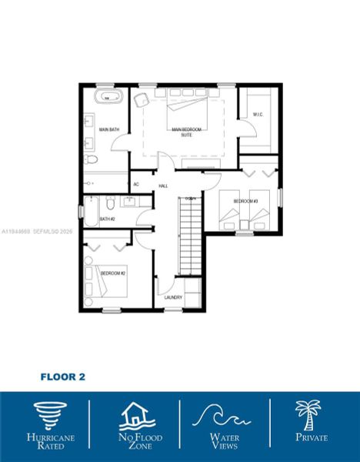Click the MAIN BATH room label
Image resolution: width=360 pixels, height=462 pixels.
coord(109,129)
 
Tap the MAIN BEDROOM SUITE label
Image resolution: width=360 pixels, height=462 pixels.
coord(187,132)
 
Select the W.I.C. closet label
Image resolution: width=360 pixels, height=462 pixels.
coord(258,115)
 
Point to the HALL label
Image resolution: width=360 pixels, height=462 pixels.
coord(163,186)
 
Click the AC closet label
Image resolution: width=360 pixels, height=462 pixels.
coord(136,185)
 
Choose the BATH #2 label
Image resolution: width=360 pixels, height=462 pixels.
coord(107,219)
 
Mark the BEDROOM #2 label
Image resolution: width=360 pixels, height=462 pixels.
coord(113,273)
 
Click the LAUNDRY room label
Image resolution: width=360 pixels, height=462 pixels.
coord(172,297)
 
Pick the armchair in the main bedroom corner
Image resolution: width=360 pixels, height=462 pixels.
coord(141,99)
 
